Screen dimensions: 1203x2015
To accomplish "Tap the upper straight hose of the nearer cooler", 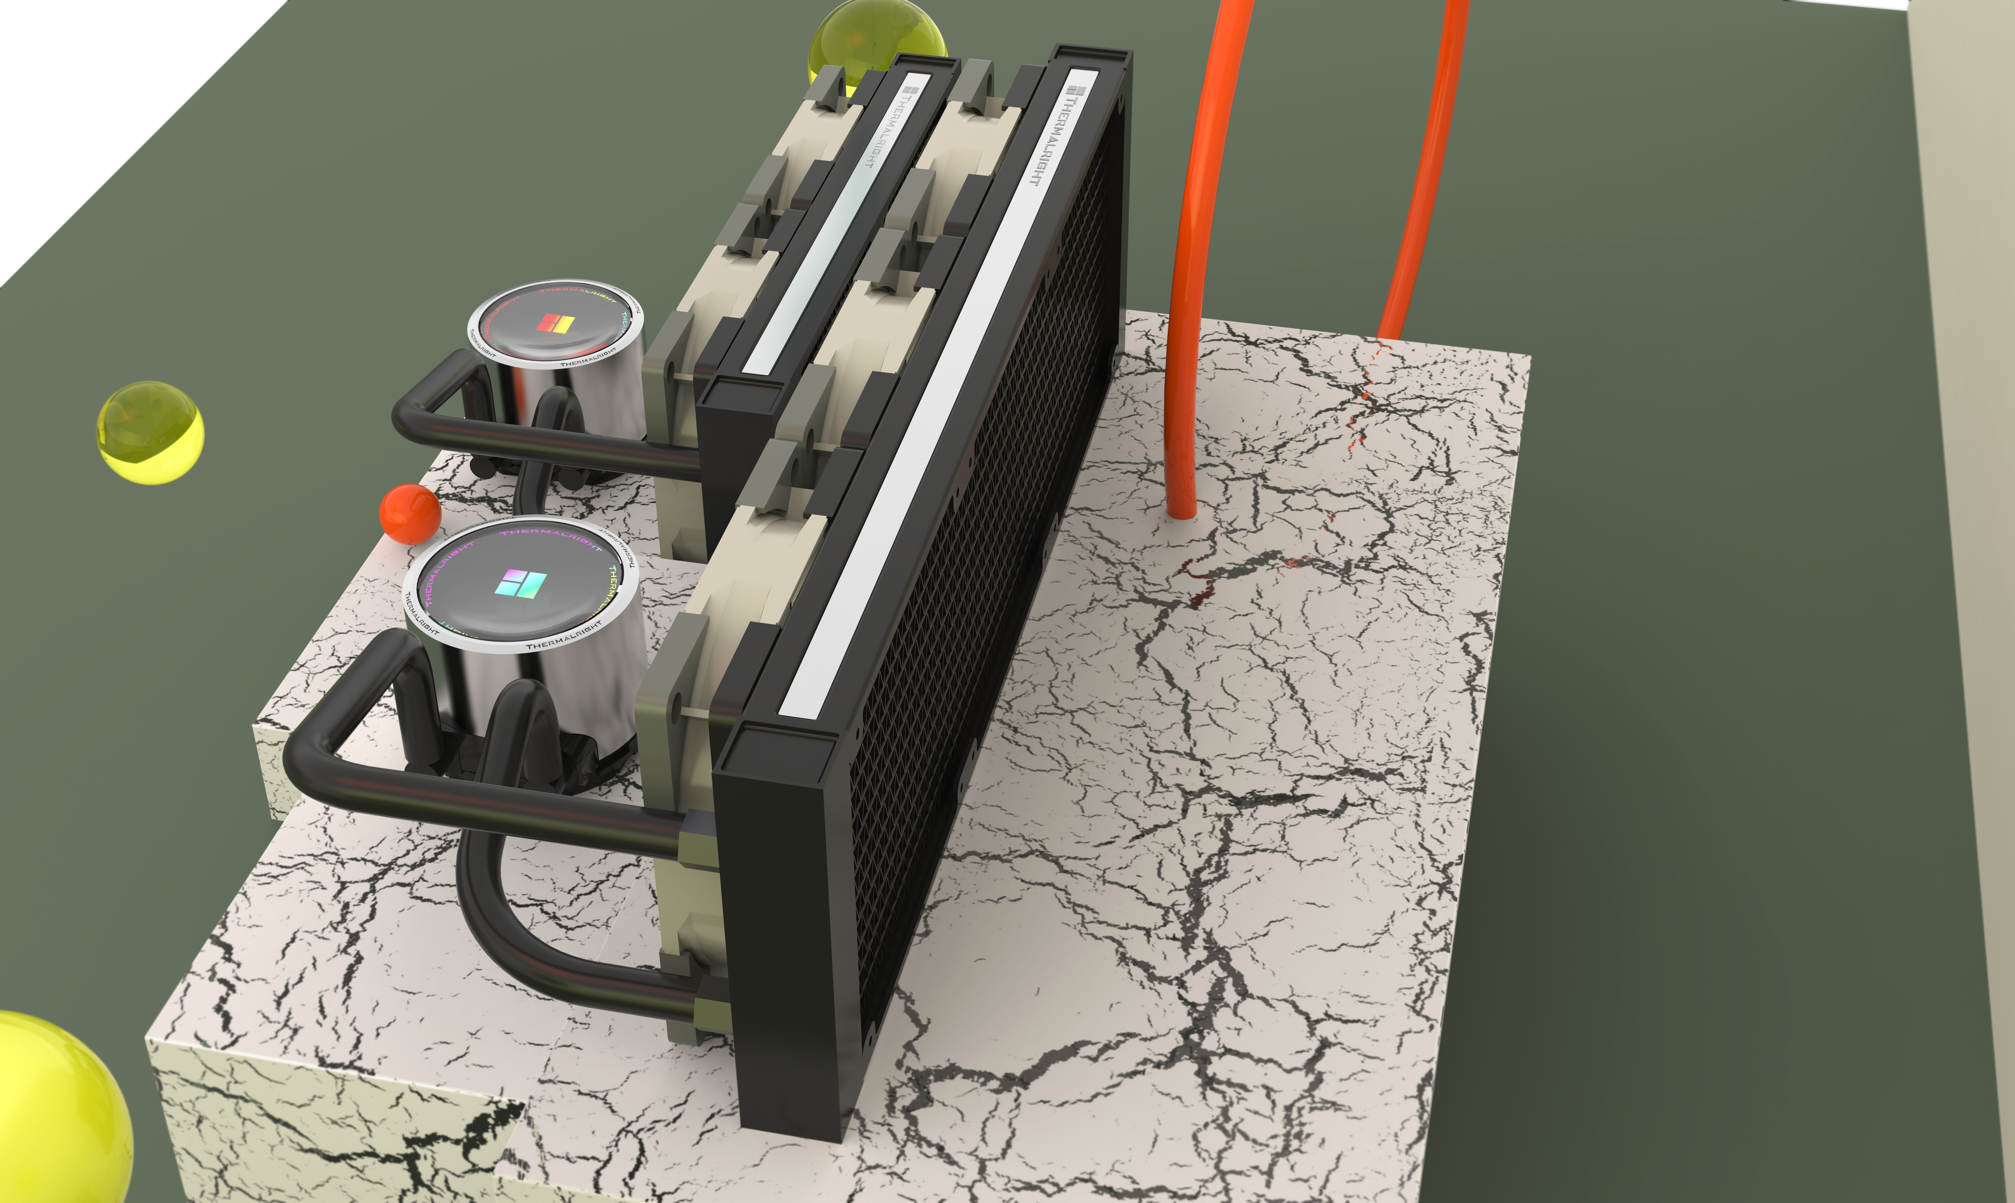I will pos(486,803).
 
